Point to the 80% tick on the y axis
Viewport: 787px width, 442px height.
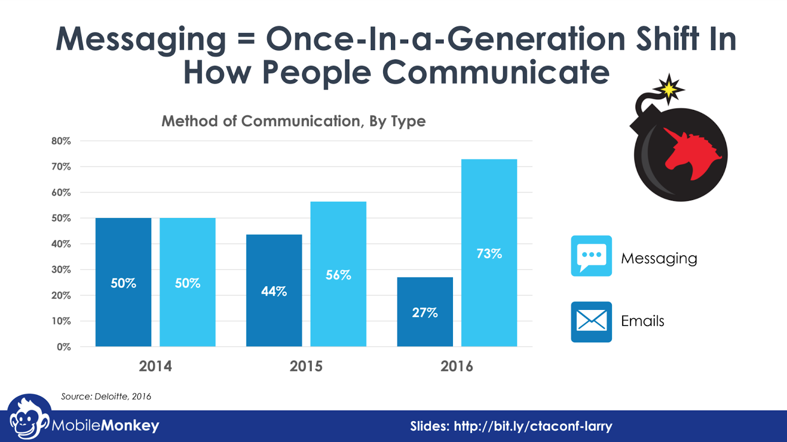click(61, 141)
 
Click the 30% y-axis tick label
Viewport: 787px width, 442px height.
click(61, 270)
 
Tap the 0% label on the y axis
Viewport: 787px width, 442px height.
click(63, 347)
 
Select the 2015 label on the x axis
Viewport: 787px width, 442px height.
click(306, 366)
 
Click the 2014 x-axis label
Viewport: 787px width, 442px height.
click(155, 366)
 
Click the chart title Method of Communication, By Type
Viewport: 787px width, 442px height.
click(294, 121)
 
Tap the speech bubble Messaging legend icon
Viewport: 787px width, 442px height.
click(591, 256)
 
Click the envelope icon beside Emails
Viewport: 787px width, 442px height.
click(591, 322)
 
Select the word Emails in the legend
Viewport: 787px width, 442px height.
click(642, 321)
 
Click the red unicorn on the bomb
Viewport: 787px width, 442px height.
click(691, 152)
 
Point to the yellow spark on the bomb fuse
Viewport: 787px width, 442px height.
click(669, 89)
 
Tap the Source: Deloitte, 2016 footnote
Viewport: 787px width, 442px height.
click(106, 396)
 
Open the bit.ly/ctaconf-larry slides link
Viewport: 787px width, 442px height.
click(533, 426)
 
